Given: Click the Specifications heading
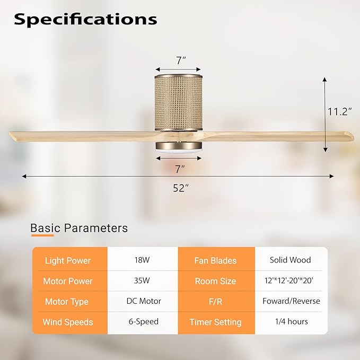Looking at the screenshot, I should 85,19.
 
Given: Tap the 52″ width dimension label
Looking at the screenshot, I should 180,188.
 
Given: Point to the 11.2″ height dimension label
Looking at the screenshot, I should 339,112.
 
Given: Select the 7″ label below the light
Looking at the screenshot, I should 180,169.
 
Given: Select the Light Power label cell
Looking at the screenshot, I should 67,260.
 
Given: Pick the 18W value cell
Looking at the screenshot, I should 142,260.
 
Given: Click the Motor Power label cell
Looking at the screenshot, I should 68,281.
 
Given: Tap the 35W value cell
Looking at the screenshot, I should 142,281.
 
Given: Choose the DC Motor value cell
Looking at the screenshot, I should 142,301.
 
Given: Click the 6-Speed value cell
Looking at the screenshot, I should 142,322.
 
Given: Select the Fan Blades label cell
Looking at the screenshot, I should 215,260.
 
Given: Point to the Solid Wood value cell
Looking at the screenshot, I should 291,260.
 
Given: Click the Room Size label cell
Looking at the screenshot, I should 215,281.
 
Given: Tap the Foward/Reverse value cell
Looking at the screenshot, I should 291,301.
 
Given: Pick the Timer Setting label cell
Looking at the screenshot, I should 215,322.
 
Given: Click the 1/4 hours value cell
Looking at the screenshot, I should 291,322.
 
